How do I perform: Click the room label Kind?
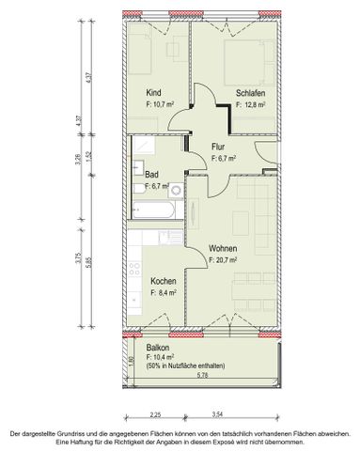tap(153, 91)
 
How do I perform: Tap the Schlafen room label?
tap(249, 92)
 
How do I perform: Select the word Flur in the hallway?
tap(219, 147)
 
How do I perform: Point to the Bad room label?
tap(151, 175)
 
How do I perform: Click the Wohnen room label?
tap(224, 248)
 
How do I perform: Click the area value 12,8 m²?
tap(252, 104)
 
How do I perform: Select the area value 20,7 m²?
tap(227, 260)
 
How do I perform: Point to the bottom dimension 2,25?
tap(156, 412)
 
